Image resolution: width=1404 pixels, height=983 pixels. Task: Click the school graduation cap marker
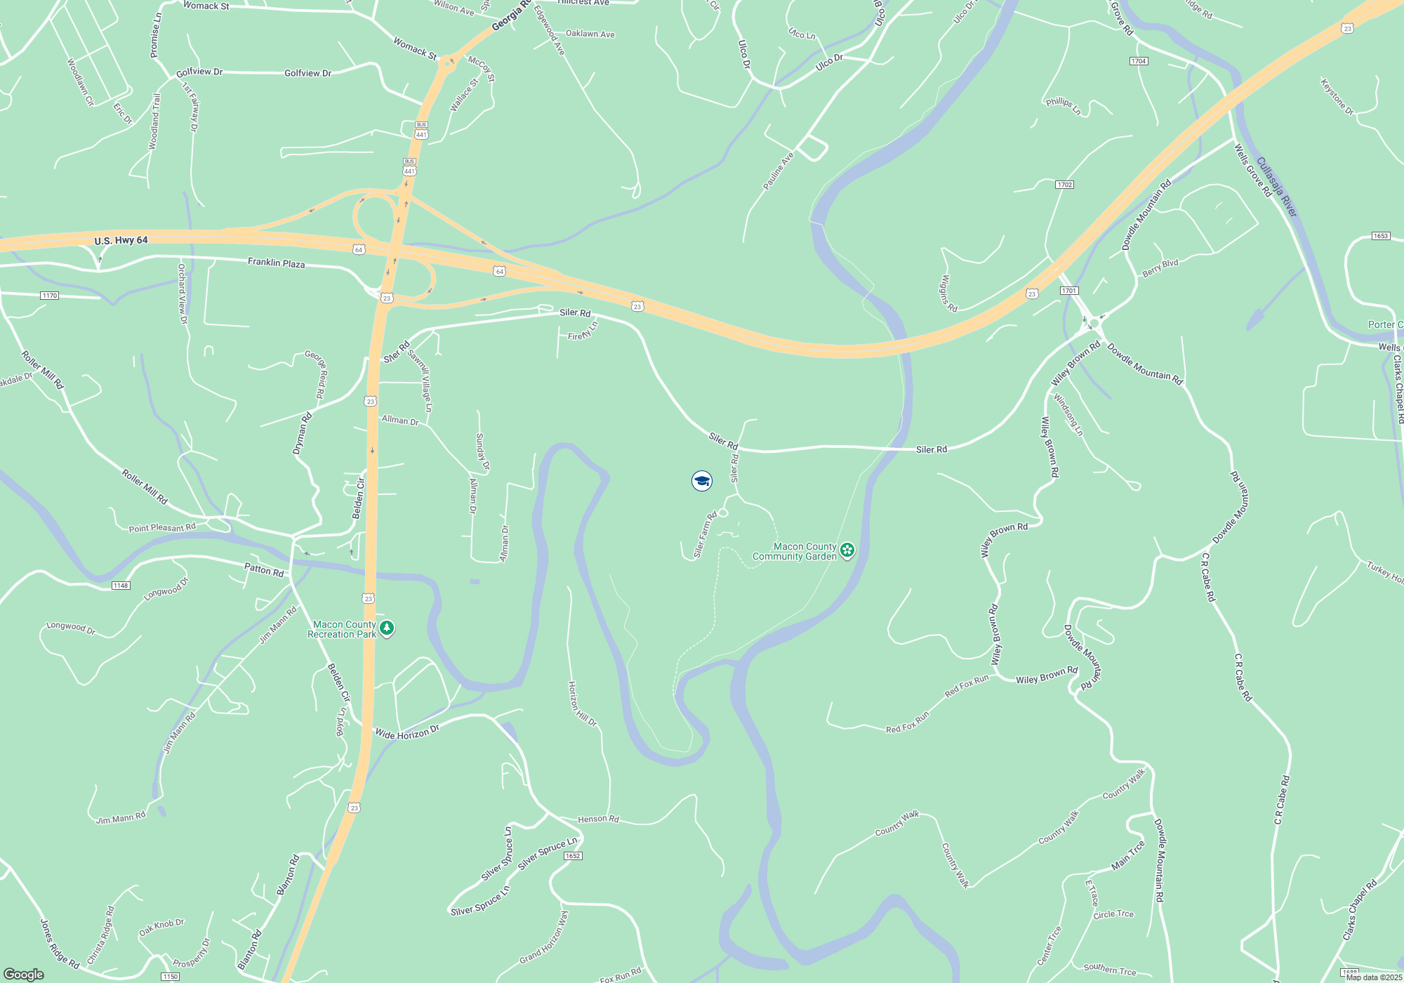tap(702, 481)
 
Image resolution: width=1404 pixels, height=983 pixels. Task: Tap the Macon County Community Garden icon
tap(847, 550)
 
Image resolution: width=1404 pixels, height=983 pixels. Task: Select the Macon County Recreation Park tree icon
tap(387, 628)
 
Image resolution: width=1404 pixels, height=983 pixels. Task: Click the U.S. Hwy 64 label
tap(121, 240)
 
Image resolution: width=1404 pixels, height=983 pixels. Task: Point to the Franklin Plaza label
tap(276, 263)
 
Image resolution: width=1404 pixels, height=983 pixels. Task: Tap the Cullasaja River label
tap(1276, 187)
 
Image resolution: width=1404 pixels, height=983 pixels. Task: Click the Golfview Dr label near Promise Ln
tap(199, 72)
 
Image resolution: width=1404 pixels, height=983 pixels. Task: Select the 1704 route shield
tap(1139, 61)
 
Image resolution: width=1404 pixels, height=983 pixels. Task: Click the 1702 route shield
tap(1064, 185)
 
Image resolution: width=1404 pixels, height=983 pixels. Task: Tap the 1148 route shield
tap(121, 585)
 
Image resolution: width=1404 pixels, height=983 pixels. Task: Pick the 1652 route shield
tap(573, 855)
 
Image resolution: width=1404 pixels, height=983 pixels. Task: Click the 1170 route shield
tap(49, 296)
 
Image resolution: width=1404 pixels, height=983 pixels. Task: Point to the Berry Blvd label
tap(1160, 268)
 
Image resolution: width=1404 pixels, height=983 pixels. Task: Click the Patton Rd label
tap(264, 569)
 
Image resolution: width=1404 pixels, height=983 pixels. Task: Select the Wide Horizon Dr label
tap(407, 732)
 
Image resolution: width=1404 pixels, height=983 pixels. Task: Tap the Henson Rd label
tap(598, 819)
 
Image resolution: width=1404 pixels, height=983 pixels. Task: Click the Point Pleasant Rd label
tap(162, 527)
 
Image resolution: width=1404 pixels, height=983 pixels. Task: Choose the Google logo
tap(24, 975)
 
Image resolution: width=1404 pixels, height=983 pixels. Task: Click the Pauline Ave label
tap(779, 171)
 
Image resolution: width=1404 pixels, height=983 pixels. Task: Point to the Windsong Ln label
tap(1068, 414)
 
